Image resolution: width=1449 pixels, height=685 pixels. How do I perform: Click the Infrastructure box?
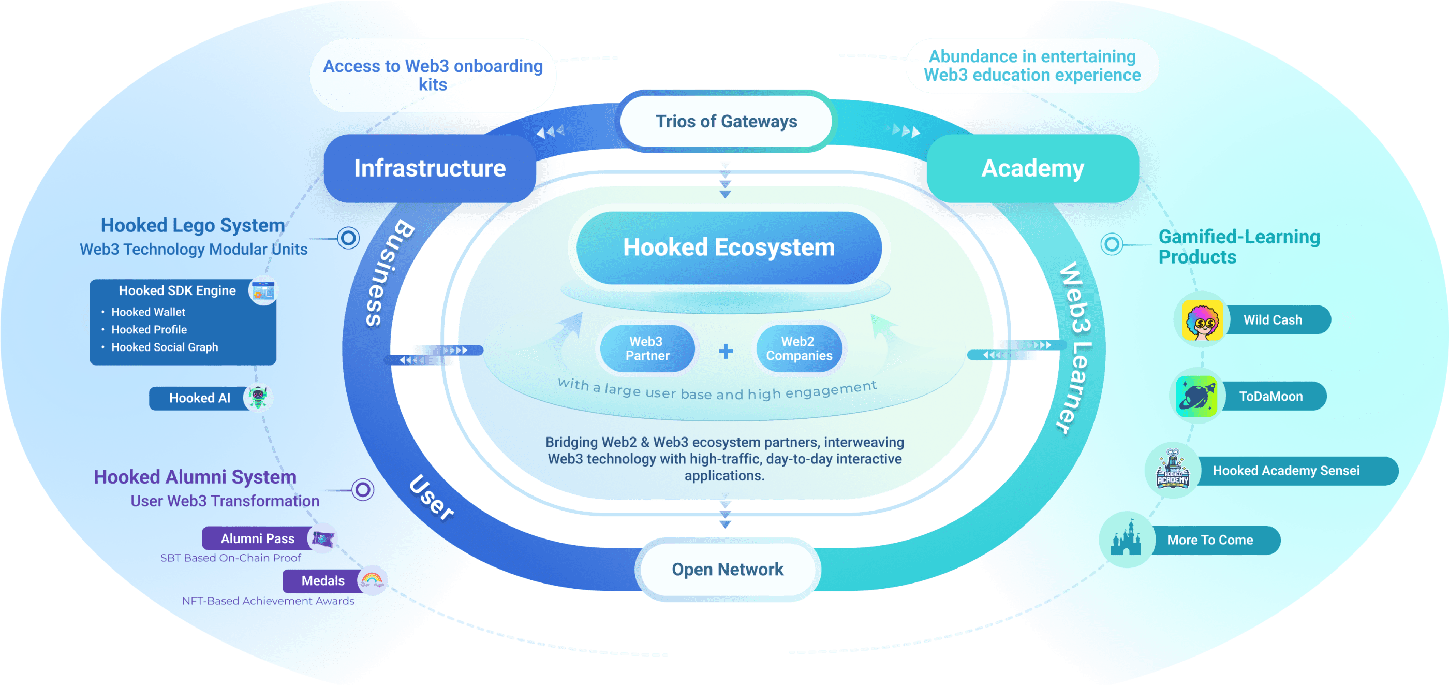[x=430, y=168]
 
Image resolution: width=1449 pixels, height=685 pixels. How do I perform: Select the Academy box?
[x=1032, y=168]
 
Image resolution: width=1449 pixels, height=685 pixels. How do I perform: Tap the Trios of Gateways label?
[x=726, y=122]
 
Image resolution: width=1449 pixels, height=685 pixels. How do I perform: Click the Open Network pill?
[x=727, y=570]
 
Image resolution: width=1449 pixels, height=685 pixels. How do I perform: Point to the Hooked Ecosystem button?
[x=729, y=247]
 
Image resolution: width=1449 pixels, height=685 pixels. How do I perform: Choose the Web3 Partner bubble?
[x=647, y=348]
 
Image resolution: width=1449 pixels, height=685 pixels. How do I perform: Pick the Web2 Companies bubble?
[x=799, y=348]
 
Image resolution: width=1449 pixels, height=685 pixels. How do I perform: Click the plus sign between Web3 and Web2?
[x=726, y=351]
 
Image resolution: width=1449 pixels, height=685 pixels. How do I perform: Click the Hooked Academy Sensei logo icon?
[x=1172, y=471]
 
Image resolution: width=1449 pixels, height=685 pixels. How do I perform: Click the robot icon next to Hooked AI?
[x=258, y=398]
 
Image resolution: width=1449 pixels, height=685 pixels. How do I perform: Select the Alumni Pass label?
[x=258, y=538]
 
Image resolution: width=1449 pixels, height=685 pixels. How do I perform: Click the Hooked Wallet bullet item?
[x=148, y=312]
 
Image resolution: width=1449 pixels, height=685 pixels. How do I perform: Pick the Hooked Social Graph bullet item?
[x=164, y=347]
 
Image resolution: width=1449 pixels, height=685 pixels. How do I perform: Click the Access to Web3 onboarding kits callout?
[x=433, y=75]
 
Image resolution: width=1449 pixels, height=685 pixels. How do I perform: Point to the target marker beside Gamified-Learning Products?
[x=1112, y=244]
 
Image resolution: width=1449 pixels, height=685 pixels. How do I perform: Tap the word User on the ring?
[x=432, y=498]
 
